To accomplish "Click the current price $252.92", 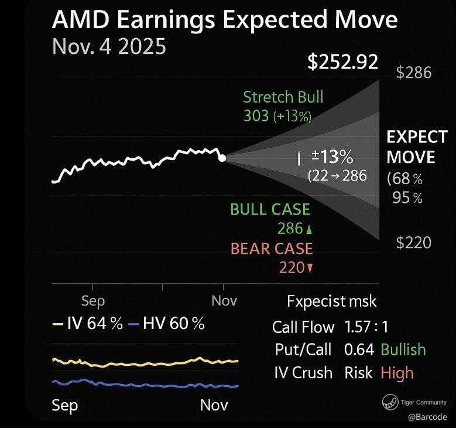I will (344, 63).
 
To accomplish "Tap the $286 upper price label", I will (413, 73).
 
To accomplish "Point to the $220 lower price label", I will (413, 242).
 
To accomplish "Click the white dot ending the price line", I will (222, 158).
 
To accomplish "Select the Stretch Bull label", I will (283, 97).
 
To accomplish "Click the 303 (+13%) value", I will (277, 116).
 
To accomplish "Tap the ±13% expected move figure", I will (332, 157).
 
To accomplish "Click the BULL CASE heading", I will (270, 209).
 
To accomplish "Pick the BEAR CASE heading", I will (272, 248).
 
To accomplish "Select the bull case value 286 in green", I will (293, 229).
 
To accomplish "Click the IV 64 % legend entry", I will (88, 323).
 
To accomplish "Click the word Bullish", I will (403, 349).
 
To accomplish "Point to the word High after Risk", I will (397, 372).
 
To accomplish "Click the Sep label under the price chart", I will (92, 301).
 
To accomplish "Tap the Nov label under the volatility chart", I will (214, 405).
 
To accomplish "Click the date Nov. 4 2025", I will (109, 46).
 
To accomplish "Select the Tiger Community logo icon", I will (389, 402).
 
